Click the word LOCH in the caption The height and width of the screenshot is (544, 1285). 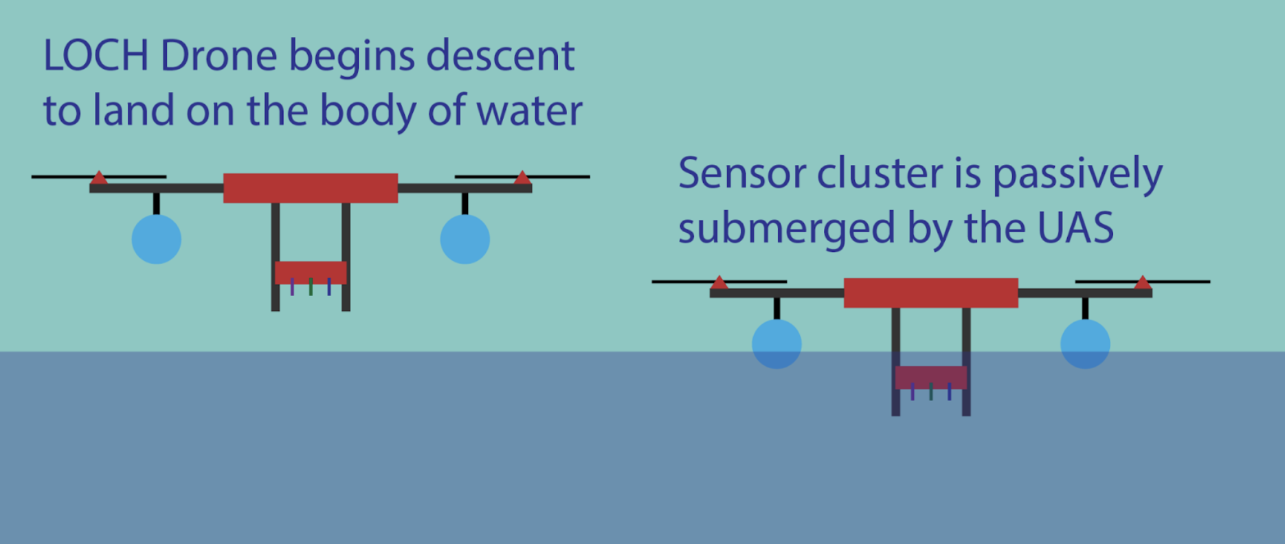96,56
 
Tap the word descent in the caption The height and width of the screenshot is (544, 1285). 500,56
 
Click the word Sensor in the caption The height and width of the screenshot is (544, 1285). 741,173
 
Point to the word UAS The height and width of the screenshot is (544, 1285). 1075,228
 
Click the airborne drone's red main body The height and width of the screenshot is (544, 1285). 311,188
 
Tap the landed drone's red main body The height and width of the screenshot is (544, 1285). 931,293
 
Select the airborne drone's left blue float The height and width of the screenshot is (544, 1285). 157,239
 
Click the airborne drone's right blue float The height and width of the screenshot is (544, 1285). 465,239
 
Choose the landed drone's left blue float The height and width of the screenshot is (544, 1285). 776,343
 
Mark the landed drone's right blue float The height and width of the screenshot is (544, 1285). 1085,343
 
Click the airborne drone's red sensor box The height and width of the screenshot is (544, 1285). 311,273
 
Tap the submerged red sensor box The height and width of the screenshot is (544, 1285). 931,378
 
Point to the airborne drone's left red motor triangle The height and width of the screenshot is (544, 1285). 100,179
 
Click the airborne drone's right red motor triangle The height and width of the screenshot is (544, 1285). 522,179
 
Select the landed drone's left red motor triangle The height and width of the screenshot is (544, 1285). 719,283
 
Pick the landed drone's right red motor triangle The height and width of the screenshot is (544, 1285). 1142,283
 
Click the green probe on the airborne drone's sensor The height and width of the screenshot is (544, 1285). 311,287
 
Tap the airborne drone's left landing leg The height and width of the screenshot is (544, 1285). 276,257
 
